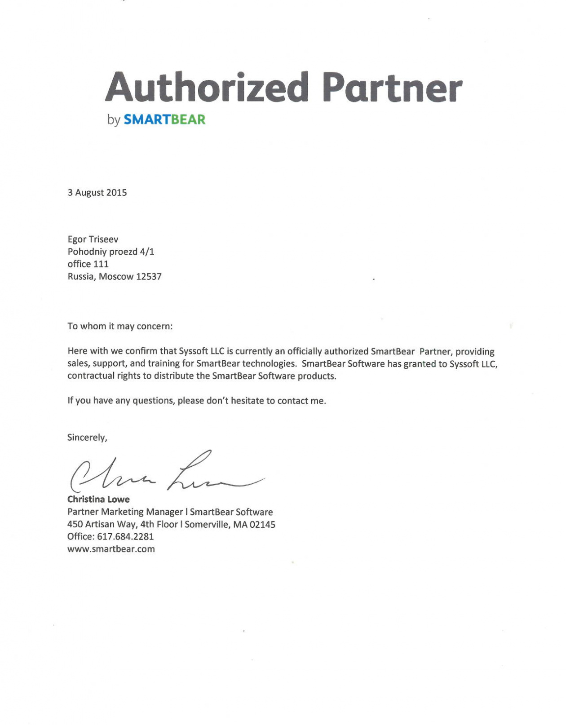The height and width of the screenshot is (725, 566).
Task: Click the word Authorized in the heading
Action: [207, 87]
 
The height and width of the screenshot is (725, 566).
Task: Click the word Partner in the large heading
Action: [392, 87]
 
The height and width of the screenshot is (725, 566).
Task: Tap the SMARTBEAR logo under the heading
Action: [164, 119]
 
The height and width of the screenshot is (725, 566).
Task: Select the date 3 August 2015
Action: [97, 193]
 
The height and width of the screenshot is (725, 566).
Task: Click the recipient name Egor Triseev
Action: [93, 239]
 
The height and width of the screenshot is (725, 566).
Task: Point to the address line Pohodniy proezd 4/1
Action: [111, 252]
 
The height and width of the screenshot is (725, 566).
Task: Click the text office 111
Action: [88, 264]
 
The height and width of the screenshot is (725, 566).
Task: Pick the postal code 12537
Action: [149, 277]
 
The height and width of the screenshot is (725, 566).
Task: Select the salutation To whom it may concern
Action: [120, 326]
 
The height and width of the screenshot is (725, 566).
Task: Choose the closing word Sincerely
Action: [87, 438]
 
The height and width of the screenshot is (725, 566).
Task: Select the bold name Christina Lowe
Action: [98, 500]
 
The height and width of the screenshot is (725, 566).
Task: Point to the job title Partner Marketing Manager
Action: [125, 512]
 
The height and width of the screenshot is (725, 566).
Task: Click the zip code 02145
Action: [263, 524]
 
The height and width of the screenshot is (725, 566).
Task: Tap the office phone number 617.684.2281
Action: [125, 537]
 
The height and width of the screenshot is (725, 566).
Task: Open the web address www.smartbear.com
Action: [111, 549]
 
